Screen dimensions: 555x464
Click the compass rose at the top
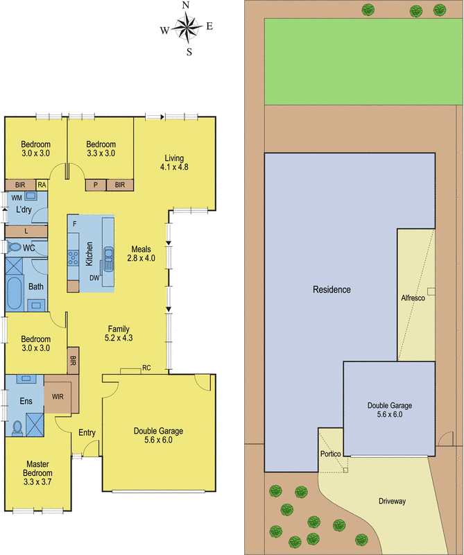click(x=186, y=28)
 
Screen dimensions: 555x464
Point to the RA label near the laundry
click(x=42, y=185)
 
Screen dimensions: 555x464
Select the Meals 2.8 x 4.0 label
click(x=141, y=253)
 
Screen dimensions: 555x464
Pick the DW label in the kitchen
click(x=94, y=277)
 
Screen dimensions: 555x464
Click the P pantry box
click(x=95, y=185)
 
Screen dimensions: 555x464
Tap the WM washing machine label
click(x=17, y=198)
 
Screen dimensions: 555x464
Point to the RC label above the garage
click(x=146, y=368)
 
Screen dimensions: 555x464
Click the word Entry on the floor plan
click(x=87, y=433)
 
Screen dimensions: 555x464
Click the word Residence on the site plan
click(x=332, y=289)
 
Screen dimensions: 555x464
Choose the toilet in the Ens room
click(x=17, y=426)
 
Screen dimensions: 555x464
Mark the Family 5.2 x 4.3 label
click(x=117, y=333)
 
